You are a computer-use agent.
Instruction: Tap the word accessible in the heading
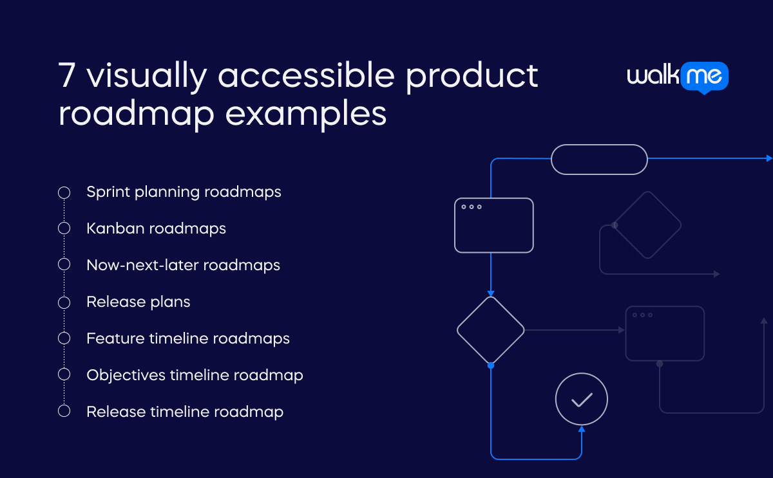pos(305,76)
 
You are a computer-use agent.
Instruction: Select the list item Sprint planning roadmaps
pos(184,192)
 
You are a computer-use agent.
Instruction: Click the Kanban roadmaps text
pos(156,228)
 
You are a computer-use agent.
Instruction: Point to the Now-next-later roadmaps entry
pos(183,265)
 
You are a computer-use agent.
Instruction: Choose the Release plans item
pos(138,302)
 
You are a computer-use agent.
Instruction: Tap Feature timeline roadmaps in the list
pos(188,338)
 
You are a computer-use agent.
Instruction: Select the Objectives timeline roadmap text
pos(195,375)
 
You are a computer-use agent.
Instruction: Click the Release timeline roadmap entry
pos(185,412)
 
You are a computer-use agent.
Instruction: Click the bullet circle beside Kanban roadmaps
pos(64,228)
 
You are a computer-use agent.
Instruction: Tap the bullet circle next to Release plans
pos(64,302)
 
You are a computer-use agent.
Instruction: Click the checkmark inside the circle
pos(582,400)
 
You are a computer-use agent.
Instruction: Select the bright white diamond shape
pos(491,330)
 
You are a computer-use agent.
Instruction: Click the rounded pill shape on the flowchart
pos(599,159)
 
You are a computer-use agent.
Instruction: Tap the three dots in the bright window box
pos(472,207)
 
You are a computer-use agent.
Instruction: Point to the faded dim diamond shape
pos(646,225)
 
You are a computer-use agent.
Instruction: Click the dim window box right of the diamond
pos(665,333)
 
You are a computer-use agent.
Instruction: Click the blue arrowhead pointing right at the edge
pos(768,158)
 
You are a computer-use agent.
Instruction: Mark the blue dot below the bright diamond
pos(491,365)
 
